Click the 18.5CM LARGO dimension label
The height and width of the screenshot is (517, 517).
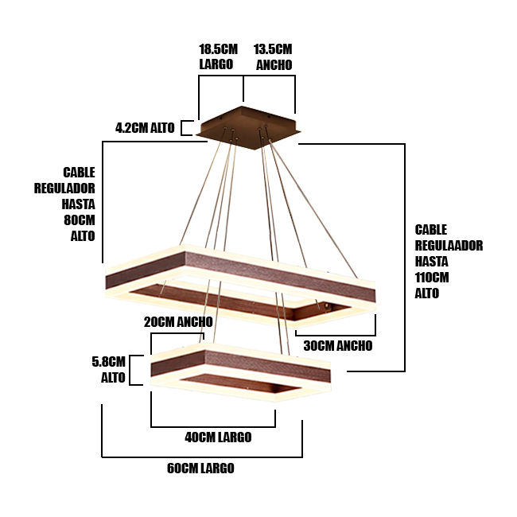coord(218,57)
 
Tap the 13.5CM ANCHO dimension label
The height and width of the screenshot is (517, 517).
coord(273,57)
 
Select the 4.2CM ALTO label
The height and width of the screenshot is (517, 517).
coord(145,127)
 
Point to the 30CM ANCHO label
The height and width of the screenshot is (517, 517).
coord(338,346)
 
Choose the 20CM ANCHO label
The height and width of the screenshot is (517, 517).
coord(178,322)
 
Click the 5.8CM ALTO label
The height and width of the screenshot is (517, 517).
coord(109,369)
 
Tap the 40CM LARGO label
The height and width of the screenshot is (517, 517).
coord(218,437)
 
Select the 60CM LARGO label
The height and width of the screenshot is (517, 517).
coord(200,468)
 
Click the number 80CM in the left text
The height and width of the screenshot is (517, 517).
coord(80,220)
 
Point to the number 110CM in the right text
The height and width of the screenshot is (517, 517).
coord(432,277)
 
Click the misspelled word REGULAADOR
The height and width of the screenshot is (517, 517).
coord(449,245)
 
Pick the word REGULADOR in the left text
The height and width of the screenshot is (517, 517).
coord(64,189)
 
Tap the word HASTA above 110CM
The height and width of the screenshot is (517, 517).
coord(431,261)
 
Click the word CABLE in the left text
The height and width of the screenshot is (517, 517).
coord(79,172)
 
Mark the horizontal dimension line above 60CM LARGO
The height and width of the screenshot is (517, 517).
coord(202,457)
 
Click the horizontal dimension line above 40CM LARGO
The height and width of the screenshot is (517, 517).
coord(213,426)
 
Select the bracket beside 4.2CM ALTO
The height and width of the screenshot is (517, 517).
coord(185,127)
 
